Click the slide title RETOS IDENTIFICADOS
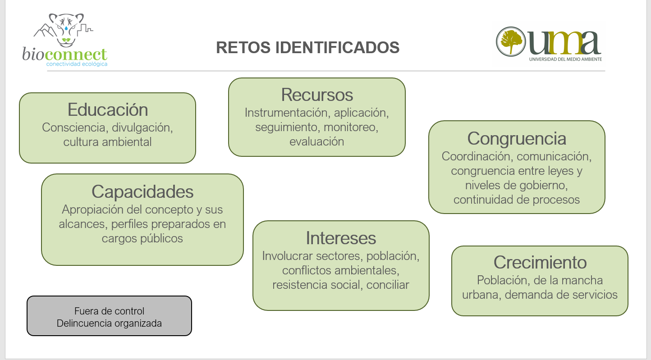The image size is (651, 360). click(307, 47)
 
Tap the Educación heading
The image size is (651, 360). click(108, 109)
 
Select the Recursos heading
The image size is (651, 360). click(317, 95)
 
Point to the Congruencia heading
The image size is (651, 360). click(517, 139)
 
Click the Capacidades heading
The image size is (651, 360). click(142, 192)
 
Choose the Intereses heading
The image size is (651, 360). click(341, 238)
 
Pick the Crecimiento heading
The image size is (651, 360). click(540, 262)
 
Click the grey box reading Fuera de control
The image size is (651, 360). click(109, 316)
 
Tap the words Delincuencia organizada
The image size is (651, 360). click(109, 323)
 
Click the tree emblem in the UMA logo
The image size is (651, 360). click(511, 41)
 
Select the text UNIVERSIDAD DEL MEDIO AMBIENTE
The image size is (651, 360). click(565, 59)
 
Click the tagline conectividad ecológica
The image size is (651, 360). click(77, 64)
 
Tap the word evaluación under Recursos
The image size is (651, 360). click(317, 141)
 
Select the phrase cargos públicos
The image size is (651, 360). click(142, 238)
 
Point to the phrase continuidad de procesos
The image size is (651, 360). click(517, 200)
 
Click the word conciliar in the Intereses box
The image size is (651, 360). click(388, 285)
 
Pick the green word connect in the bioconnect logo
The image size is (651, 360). click(76, 55)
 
